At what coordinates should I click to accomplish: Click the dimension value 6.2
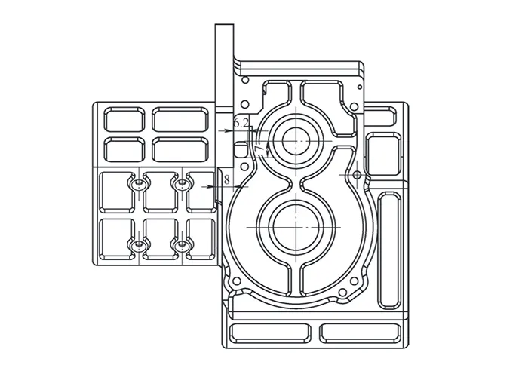[241, 123]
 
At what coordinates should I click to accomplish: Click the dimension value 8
[227, 179]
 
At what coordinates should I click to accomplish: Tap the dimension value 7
[259, 150]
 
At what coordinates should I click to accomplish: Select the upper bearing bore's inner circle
[296, 141]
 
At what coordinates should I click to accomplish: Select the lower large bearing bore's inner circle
[296, 227]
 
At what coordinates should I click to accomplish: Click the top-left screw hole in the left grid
[138, 184]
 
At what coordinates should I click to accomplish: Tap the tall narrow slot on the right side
[389, 250]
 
